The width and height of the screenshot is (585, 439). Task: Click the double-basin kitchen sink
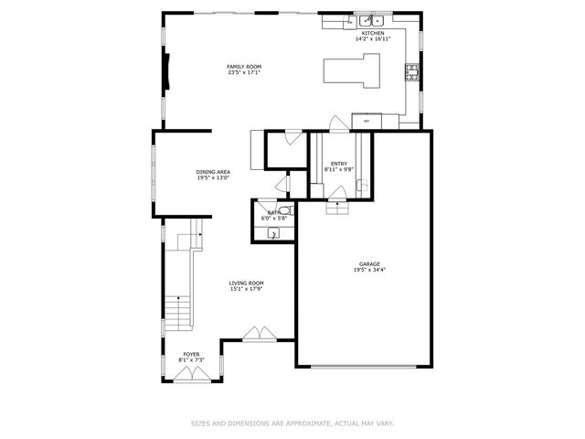tap(370, 21)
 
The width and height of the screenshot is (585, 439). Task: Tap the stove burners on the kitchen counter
tap(411, 72)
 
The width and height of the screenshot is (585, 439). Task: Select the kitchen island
tap(352, 71)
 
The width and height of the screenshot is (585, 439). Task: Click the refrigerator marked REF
tap(367, 121)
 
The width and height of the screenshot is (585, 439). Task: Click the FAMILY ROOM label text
tap(244, 67)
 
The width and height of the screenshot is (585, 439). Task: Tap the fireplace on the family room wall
tap(166, 70)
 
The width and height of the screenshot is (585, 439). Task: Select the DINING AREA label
tap(212, 172)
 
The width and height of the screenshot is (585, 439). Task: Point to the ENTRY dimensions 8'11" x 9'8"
tap(338, 170)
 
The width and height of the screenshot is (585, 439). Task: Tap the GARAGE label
tap(368, 264)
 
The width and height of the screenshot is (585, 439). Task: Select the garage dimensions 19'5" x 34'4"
tap(368, 271)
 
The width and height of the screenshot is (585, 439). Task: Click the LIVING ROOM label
tap(246, 284)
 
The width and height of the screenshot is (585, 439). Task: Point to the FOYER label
tap(191, 354)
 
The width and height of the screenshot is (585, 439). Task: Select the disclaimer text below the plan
tap(292, 423)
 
